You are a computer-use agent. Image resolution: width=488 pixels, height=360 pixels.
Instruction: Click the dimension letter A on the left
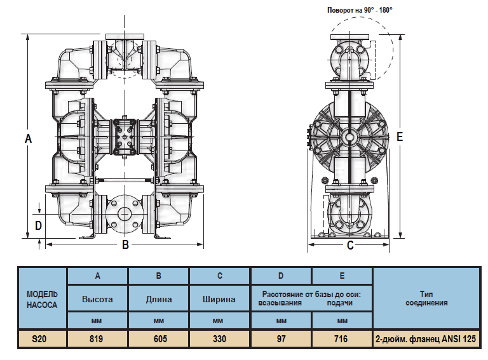point(28,138)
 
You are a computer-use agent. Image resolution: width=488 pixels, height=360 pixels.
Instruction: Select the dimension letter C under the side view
point(350,246)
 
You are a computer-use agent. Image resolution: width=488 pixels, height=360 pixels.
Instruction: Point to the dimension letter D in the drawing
point(38,225)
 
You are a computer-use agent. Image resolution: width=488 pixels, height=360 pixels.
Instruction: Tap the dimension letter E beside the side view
point(399,137)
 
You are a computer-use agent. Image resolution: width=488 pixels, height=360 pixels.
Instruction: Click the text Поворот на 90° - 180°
point(360,10)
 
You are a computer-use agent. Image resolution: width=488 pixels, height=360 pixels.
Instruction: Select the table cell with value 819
point(97,339)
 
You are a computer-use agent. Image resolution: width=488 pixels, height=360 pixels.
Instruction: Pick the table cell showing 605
point(159,339)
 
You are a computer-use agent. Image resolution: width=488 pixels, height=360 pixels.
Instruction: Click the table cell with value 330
point(220,339)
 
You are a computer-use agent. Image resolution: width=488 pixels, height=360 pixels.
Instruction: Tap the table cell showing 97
point(281,339)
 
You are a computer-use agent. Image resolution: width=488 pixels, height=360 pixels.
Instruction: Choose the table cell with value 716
point(341,339)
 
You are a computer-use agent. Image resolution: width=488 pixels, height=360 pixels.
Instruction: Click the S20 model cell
point(42,339)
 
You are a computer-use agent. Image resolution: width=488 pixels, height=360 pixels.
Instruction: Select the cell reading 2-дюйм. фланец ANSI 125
point(426,339)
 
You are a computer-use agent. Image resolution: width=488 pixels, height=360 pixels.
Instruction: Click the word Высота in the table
point(97,299)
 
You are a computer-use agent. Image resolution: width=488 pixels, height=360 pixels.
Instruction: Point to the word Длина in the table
point(159,299)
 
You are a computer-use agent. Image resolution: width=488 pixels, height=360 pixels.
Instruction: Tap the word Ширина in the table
point(220,299)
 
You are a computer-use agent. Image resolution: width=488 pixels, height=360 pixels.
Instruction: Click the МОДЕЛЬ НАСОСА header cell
point(42,299)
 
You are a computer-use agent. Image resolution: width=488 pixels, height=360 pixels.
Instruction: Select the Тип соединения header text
point(426,299)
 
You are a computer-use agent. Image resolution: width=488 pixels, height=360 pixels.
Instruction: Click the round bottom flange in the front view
point(125,214)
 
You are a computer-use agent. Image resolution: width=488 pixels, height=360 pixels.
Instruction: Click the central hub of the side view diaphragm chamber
point(349,137)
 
